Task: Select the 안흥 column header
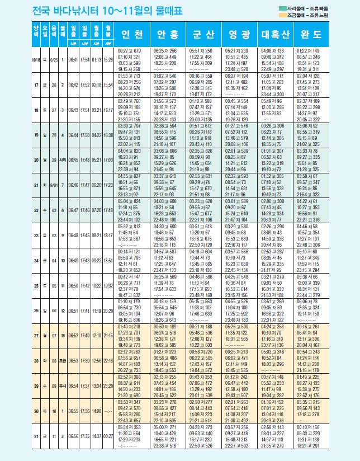[168, 35]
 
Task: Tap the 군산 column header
[203, 35]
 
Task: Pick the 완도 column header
[310, 35]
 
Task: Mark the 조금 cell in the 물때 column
[64, 361]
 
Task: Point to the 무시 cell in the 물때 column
[64, 386]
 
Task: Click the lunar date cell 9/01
[54, 185]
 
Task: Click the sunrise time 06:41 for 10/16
[73, 59]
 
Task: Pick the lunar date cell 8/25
[54, 59]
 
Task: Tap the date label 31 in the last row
[36, 436]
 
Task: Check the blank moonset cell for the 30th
[108, 411]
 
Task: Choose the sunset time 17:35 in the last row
[85, 436]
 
